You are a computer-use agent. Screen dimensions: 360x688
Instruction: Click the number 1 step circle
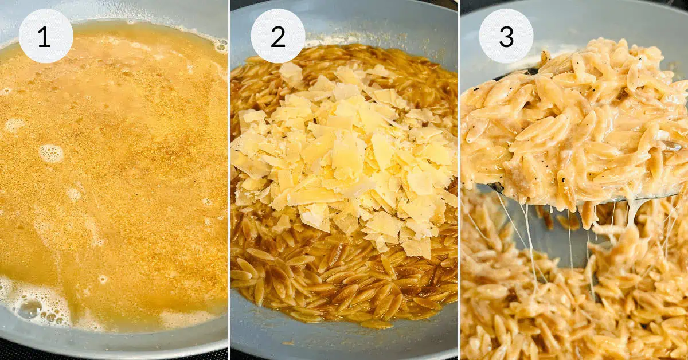tap(46, 36)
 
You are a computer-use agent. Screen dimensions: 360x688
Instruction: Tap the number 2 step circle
tap(277, 36)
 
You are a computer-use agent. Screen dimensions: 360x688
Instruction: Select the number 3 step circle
tap(506, 36)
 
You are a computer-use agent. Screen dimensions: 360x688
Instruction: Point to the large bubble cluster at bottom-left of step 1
tap(29, 307)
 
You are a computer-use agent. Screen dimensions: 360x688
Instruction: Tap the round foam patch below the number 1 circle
tap(51, 153)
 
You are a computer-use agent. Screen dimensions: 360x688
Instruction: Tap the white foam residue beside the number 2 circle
tap(321, 41)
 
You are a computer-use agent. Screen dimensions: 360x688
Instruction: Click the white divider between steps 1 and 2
tap(229, 180)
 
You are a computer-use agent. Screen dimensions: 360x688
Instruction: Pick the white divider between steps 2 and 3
tap(459, 180)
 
